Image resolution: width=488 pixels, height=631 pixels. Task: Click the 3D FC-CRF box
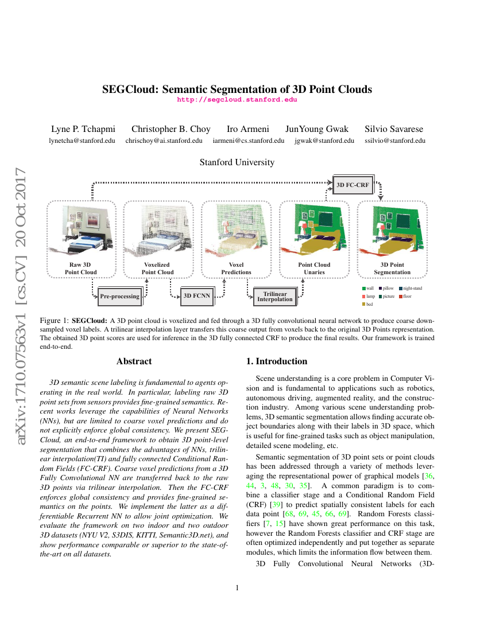pyautogui.click(x=353, y=185)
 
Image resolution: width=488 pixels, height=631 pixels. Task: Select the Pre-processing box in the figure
pyautogui.click(x=119, y=297)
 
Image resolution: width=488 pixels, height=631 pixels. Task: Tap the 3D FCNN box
pyautogui.click(x=196, y=297)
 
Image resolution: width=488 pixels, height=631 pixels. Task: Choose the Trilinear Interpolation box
pyautogui.click(x=274, y=297)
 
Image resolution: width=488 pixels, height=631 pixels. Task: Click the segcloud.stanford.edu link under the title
pyautogui.click(x=237, y=99)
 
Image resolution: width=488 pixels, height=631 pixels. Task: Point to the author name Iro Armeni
pyautogui.click(x=248, y=129)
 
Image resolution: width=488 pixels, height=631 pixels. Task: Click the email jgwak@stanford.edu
pyautogui.click(x=324, y=141)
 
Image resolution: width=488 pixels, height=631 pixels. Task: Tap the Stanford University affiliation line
pyautogui.click(x=237, y=162)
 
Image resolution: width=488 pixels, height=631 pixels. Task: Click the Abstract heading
pyautogui.click(x=134, y=361)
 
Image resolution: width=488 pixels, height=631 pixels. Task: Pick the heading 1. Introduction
pyautogui.click(x=277, y=361)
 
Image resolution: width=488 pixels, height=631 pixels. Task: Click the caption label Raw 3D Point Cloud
pyautogui.click(x=81, y=268)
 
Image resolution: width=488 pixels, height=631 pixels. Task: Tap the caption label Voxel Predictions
pyautogui.click(x=237, y=268)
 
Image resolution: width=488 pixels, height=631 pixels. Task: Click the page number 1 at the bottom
pyautogui.click(x=237, y=588)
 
